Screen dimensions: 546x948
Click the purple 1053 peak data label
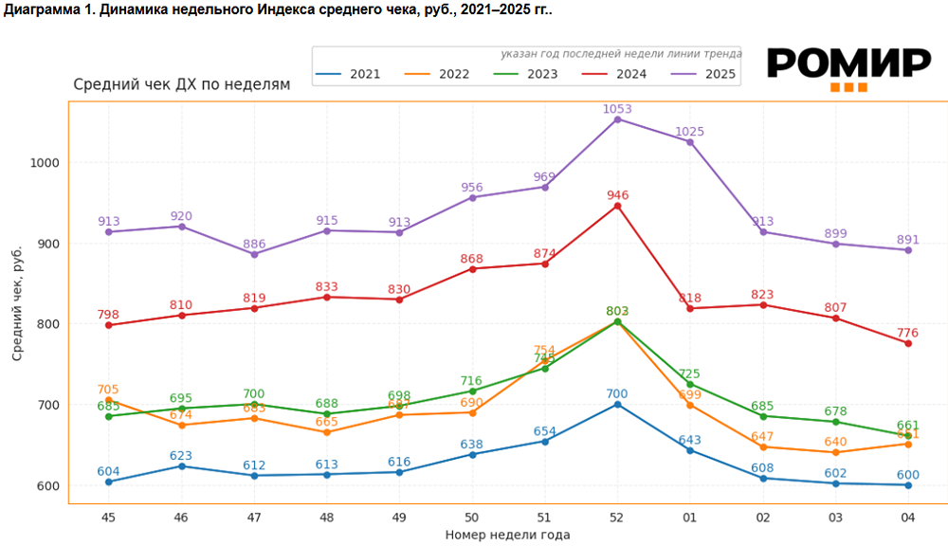point(617,109)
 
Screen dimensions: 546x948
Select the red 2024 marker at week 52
point(617,206)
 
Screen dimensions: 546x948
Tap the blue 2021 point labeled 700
point(617,404)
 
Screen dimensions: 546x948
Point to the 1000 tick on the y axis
point(45,162)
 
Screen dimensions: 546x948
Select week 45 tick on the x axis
point(108,518)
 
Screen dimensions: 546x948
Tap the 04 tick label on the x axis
point(907,518)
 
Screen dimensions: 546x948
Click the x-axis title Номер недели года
point(507,535)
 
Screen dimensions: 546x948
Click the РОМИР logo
point(848,66)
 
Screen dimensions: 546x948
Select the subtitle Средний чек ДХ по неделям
point(182,84)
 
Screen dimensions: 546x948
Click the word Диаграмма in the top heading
point(42,10)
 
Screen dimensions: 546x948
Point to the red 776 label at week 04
point(907,333)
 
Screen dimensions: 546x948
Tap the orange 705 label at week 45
point(108,390)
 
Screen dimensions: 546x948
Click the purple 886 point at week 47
point(254,254)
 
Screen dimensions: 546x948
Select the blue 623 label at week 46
point(181,456)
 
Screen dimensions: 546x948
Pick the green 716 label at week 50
point(472,380)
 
